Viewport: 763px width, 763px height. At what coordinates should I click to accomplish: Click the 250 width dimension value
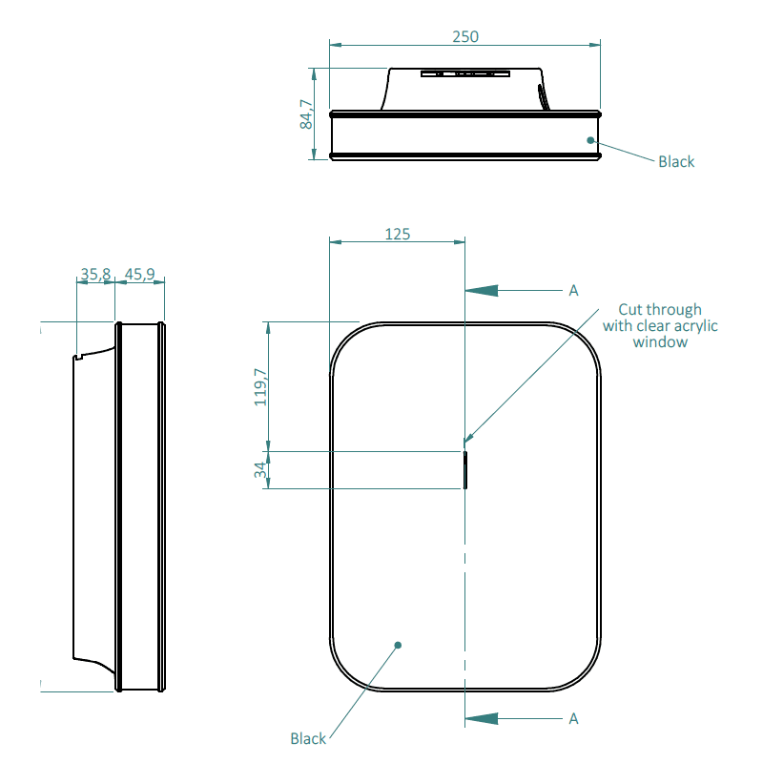pos(465,36)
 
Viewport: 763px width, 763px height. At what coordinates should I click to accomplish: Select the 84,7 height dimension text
pos(306,114)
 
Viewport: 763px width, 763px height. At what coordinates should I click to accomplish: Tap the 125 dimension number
pos(398,234)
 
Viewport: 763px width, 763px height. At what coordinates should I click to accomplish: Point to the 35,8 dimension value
pos(95,274)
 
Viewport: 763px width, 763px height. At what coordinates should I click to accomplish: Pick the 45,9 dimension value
pos(139,274)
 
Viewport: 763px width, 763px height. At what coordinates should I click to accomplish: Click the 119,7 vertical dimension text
pos(260,387)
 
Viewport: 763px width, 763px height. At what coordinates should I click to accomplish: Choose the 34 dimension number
pos(260,470)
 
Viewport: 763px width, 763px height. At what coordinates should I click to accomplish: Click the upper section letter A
pos(574,291)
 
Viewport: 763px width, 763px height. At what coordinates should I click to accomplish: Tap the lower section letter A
pos(574,719)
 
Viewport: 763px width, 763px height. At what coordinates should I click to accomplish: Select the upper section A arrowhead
pos(482,291)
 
